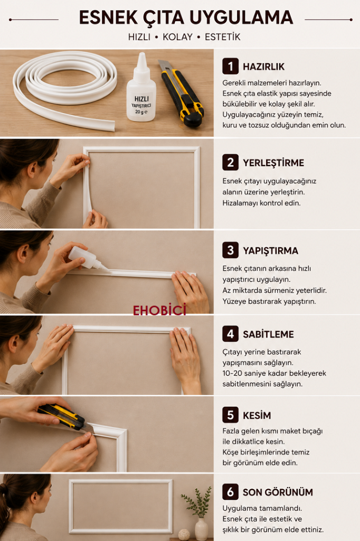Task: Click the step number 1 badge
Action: pos(230,66)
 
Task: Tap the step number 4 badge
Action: pos(230,334)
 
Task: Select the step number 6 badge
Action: pos(230,492)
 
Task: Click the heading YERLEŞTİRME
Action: pos(273,163)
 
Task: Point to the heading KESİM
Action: pos(257,415)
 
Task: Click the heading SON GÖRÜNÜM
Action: pos(278,492)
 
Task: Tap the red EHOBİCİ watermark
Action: pos(159,310)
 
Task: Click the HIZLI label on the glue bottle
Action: pos(141,99)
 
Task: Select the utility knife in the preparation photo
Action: pos(182,93)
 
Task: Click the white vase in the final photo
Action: pos(202,528)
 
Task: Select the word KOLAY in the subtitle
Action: pos(177,37)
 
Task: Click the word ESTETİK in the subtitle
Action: pos(222,37)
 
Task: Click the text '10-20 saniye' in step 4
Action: pos(243,374)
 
